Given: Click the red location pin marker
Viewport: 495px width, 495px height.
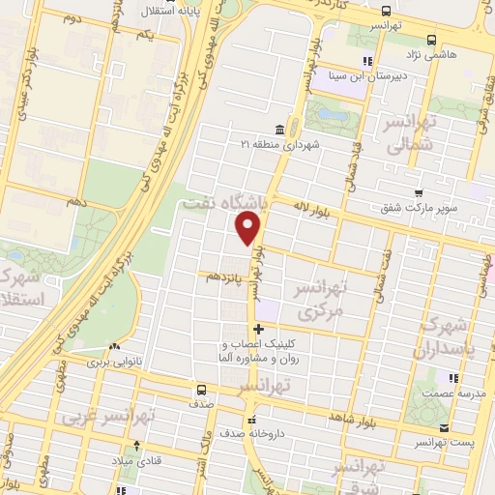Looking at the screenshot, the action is coord(248,228).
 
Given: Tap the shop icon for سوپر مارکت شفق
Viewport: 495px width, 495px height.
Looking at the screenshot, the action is coord(418,192).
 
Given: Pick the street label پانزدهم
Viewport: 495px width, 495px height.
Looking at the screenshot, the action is coord(224,277).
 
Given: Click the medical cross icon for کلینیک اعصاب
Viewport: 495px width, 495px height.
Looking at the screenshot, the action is coord(256,330).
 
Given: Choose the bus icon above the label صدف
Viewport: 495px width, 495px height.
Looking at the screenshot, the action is coord(201,391).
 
